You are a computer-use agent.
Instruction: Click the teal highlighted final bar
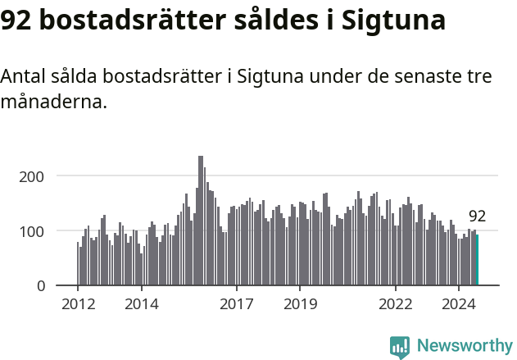click(478, 260)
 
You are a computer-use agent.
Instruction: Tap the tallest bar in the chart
click(201, 221)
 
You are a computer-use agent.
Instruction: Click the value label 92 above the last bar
click(477, 216)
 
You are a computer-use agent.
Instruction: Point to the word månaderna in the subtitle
click(53, 103)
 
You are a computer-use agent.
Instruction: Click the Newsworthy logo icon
click(400, 346)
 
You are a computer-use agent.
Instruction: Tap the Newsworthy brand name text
click(464, 346)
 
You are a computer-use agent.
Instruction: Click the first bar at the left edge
click(78, 264)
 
